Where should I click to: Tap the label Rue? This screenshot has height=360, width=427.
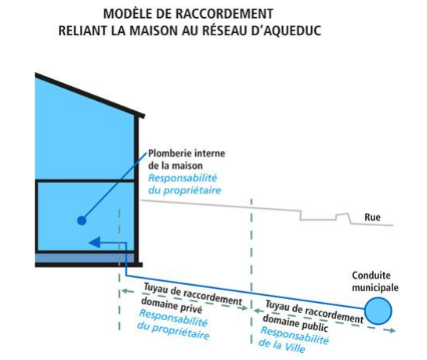[372, 217]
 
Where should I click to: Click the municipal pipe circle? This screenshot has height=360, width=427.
[378, 311]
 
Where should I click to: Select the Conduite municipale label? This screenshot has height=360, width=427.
[375, 282]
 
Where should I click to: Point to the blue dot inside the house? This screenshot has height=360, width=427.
[81, 220]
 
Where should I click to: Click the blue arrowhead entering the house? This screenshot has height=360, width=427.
[95, 242]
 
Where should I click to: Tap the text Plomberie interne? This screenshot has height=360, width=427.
[186, 153]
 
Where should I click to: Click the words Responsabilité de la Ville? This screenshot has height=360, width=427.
[294, 340]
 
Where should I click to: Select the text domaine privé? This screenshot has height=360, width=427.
[172, 305]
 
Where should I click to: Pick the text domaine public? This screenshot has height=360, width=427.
[295, 323]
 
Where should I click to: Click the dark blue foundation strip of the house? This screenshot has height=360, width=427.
[85, 258]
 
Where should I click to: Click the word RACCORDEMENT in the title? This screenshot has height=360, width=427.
[226, 13]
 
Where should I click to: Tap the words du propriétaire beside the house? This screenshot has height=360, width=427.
[184, 190]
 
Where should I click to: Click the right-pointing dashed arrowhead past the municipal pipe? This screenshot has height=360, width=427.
[393, 330]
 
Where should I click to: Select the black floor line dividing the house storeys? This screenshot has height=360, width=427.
[85, 181]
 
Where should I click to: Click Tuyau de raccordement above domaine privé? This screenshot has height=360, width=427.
[193, 294]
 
